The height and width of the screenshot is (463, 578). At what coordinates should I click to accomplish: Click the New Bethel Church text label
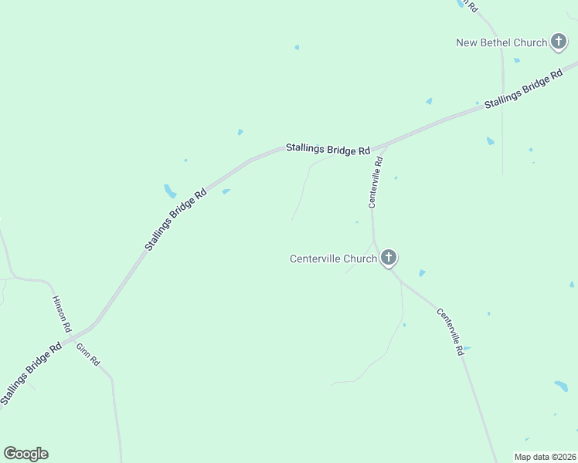point(501,43)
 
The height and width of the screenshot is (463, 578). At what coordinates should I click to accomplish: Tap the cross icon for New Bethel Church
point(559,42)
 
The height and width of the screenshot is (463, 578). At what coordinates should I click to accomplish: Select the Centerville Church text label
point(333,259)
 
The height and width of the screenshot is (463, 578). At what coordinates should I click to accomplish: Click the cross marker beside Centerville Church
point(388,258)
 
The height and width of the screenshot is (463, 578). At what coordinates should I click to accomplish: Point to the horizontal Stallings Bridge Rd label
point(328,149)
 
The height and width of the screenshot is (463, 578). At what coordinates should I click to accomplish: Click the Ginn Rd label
point(88,353)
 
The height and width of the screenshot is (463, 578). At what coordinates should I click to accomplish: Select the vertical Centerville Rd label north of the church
point(376,182)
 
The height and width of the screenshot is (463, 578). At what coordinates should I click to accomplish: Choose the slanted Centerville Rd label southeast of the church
point(450,331)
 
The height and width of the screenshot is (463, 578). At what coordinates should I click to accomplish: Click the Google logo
point(25,454)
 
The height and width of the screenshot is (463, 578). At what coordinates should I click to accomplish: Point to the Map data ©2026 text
point(545,457)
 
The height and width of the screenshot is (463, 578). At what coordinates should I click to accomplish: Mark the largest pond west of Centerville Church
point(170,191)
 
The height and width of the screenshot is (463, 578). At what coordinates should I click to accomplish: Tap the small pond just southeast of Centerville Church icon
point(421,273)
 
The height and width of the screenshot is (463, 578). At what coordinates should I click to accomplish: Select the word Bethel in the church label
point(497,43)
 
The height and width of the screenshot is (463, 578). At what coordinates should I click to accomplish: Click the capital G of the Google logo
point(10,454)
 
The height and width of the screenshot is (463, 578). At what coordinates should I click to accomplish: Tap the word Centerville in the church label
point(316,259)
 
